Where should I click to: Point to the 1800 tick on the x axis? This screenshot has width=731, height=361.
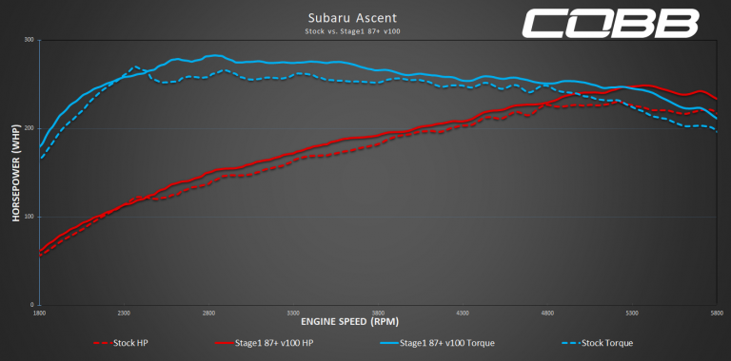[39, 312]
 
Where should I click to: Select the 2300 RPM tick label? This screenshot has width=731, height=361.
[124, 312]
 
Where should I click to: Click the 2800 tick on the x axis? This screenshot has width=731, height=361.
[208, 312]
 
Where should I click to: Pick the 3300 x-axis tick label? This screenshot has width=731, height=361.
[293, 312]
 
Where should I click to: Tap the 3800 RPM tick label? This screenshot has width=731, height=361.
[378, 312]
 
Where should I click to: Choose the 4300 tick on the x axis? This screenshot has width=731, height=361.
[463, 312]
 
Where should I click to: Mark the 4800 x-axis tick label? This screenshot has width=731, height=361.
[547, 312]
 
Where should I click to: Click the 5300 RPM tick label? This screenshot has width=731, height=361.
[632, 312]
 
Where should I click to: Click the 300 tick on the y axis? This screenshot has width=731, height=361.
[30, 40]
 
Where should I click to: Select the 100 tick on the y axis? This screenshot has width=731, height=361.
[30, 217]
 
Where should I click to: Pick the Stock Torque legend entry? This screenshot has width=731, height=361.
[609, 342]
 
